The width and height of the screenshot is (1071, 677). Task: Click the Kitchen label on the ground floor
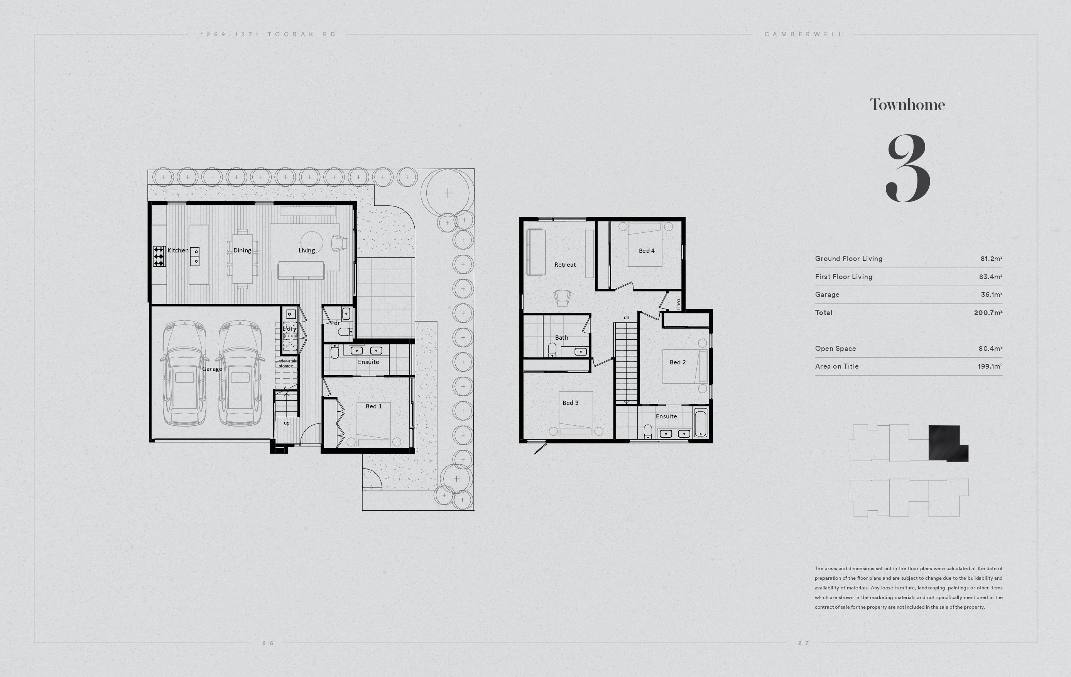click(x=178, y=250)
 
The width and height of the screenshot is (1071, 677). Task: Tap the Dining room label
click(x=242, y=250)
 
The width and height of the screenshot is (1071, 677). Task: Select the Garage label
click(x=212, y=369)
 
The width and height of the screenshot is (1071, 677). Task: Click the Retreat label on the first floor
click(x=565, y=264)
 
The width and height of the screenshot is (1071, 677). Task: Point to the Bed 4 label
click(x=647, y=250)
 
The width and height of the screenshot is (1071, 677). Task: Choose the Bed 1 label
click(x=373, y=406)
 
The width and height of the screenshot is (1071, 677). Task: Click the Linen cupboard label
click(x=678, y=305)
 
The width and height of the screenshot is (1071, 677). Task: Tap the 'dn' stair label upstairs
click(x=626, y=317)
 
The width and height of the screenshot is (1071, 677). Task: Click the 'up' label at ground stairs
click(x=286, y=423)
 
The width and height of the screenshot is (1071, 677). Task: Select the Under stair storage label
click(x=286, y=363)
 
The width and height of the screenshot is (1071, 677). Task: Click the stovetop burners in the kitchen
click(x=159, y=256)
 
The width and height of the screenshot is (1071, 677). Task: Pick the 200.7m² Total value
click(x=988, y=313)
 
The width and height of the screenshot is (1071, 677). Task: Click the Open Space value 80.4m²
click(x=990, y=349)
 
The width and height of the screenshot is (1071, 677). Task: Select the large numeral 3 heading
click(x=908, y=169)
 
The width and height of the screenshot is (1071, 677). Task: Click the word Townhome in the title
click(x=907, y=105)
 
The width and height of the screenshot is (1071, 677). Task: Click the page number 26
click(x=268, y=643)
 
